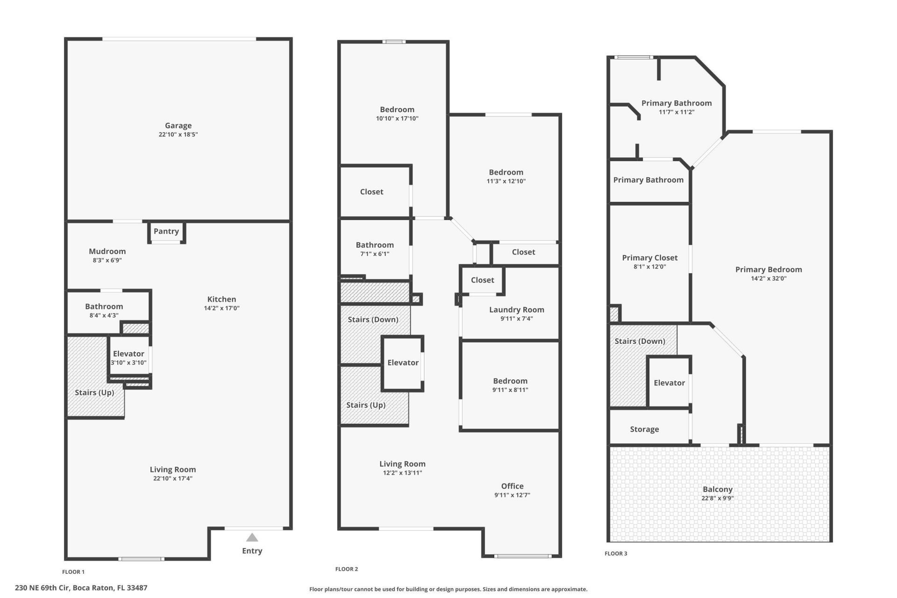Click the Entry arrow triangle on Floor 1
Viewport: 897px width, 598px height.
pos(252,538)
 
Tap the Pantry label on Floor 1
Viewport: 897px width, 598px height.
pos(166,231)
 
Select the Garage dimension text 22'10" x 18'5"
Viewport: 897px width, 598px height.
pos(178,135)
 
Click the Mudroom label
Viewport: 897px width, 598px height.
pos(107,251)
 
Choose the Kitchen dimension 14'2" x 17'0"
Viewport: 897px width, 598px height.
pos(221,308)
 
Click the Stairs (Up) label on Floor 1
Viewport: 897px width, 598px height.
pos(94,392)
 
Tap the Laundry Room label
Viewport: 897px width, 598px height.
pos(516,310)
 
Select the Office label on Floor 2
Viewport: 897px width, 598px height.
pos(512,486)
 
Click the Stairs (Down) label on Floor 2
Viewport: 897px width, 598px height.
pos(373,320)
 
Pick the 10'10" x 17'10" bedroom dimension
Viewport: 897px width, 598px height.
pos(397,119)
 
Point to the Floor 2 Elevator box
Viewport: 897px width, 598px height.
pos(403,363)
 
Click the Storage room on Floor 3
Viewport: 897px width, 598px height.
pos(644,429)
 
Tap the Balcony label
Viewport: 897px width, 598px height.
pos(718,490)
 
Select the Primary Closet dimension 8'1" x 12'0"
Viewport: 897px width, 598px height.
pos(649,267)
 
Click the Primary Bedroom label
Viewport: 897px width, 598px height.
pos(769,270)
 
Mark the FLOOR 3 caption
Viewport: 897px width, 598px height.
pos(616,554)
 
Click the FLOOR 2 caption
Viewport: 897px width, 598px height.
pos(347,569)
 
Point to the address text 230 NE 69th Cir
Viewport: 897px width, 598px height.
pos(81,588)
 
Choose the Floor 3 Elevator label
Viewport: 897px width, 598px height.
pos(669,383)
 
